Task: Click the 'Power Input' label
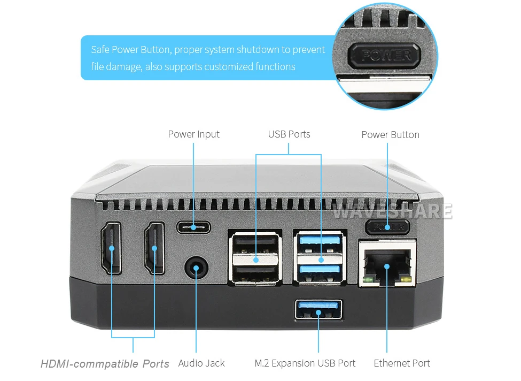[193, 134]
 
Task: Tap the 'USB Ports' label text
[289, 134]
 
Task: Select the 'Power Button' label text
[390, 135]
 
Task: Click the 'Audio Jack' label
[201, 363]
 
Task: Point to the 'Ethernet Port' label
[402, 363]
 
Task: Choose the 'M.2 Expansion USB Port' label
[305, 363]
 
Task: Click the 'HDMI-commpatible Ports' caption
[105, 364]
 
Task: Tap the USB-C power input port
[193, 227]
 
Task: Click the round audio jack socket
[196, 267]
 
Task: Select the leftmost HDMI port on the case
[111, 248]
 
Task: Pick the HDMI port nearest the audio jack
[154, 248]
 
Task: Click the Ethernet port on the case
[387, 264]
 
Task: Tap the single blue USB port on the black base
[318, 311]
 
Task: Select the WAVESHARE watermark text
[392, 211]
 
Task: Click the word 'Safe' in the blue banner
[100, 50]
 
